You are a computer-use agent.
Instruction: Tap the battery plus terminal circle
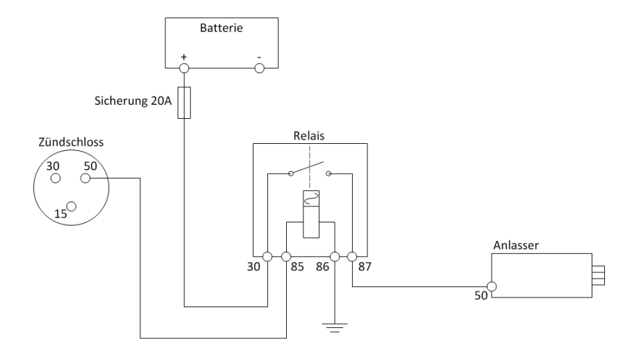click(x=184, y=68)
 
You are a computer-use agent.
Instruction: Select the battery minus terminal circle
click(x=260, y=68)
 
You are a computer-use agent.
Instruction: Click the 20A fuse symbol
click(x=184, y=102)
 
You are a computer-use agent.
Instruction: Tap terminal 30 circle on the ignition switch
click(x=54, y=179)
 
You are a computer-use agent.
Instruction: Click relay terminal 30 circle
click(x=267, y=257)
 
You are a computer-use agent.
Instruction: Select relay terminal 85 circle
click(x=286, y=257)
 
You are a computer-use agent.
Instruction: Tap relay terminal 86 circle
click(x=335, y=257)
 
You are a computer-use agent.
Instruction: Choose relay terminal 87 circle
click(x=353, y=257)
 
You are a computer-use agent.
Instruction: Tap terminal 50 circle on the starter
click(x=492, y=286)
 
